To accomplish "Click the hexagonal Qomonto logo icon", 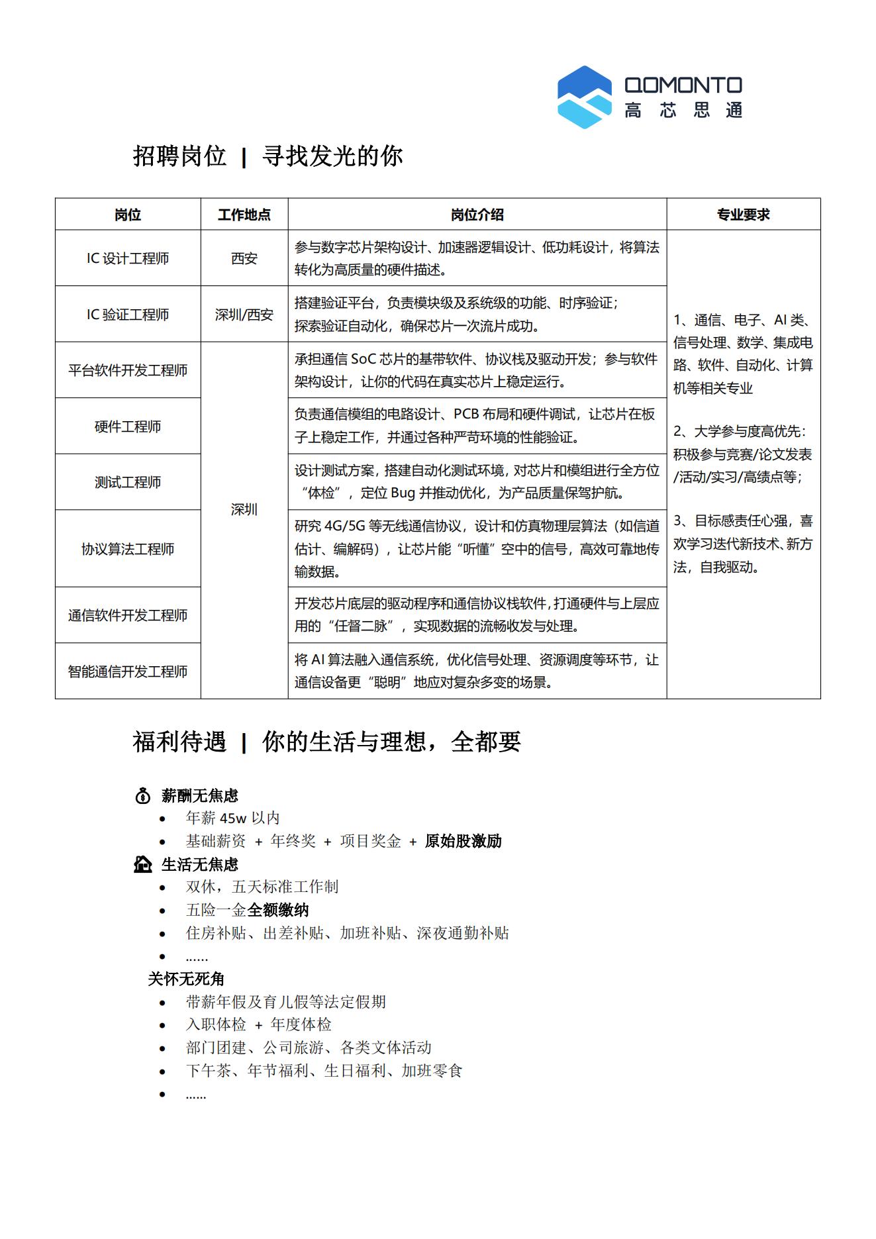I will coord(584,97).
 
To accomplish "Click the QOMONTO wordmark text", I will coord(683,85).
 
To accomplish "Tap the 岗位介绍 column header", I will coord(477,215).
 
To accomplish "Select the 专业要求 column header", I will coord(743,215).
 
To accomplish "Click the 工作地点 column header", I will coord(244,215).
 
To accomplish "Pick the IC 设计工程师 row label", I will coord(128,258).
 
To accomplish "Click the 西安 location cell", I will coord(244,258).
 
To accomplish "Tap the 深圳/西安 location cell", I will coord(244,315).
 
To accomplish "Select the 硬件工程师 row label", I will coord(128,426).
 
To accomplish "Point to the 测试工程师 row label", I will coord(128,482).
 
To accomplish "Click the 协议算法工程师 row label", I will coord(128,549).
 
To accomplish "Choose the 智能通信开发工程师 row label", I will coord(128,671).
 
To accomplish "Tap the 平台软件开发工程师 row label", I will coord(128,370).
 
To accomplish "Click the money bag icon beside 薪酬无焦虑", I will coord(142,796).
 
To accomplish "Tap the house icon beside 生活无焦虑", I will coord(142,864).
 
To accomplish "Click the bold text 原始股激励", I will coord(463,841).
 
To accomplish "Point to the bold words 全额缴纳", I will coord(278,910).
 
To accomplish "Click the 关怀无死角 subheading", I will coord(186,979).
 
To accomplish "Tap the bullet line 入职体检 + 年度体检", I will coord(258,1024).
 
